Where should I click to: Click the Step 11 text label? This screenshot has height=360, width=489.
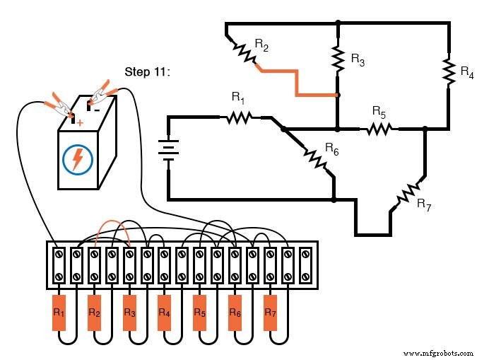[147, 71]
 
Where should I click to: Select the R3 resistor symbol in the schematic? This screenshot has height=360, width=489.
[337, 59]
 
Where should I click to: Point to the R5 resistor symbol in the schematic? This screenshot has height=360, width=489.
[379, 129]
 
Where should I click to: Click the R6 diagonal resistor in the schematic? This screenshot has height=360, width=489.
[314, 158]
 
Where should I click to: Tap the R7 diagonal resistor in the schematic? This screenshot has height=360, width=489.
[408, 193]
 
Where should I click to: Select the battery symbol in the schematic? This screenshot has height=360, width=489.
[168, 149]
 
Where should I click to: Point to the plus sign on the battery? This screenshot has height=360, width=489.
[79, 122]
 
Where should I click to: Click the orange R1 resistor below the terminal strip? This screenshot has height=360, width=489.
[59, 312]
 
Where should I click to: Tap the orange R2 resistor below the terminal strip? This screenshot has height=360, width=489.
[94, 312]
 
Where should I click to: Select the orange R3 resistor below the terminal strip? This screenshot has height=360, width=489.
[129, 312]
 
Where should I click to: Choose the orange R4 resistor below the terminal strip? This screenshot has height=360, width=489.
[165, 312]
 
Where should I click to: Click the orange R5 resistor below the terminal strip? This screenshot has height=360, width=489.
[200, 312]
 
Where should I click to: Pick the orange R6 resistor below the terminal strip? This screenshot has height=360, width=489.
[235, 312]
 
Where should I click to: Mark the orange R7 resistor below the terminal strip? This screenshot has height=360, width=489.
[270, 312]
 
